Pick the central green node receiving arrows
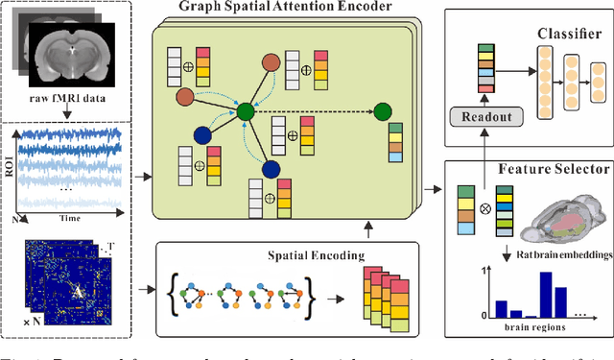pyautogui.click(x=247, y=111)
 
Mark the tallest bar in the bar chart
pyautogui.click(x=546, y=295)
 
